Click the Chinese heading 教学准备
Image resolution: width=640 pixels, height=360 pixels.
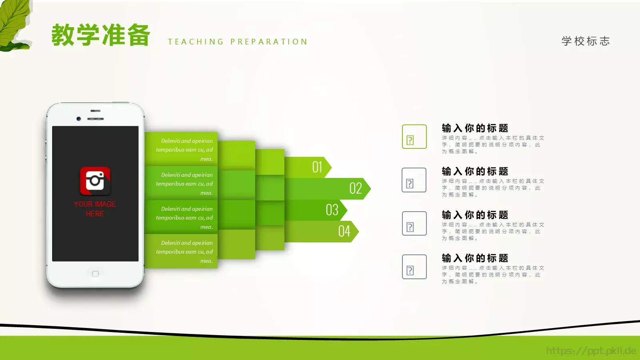[x=101, y=35]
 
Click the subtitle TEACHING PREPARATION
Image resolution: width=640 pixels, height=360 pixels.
[x=238, y=42]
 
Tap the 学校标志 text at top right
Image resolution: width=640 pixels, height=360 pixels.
[x=586, y=41]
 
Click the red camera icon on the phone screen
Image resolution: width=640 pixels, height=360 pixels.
[x=95, y=180]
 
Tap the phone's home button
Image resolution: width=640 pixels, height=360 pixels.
[x=95, y=274]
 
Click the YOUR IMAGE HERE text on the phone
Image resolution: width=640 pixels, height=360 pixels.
[x=95, y=209]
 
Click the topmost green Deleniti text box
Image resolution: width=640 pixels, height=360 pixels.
[x=181, y=149]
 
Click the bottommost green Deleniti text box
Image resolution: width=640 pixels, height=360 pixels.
[x=181, y=251]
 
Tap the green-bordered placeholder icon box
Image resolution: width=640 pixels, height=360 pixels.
[x=414, y=136]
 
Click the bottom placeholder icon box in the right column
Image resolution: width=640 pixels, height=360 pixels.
[x=414, y=267]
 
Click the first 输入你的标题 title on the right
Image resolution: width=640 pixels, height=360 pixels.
[x=475, y=128]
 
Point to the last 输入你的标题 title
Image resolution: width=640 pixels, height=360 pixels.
[x=475, y=258]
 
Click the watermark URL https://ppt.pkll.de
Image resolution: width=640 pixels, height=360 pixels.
[x=591, y=351]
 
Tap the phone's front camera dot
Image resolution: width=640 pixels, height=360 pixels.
[x=79, y=119]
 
